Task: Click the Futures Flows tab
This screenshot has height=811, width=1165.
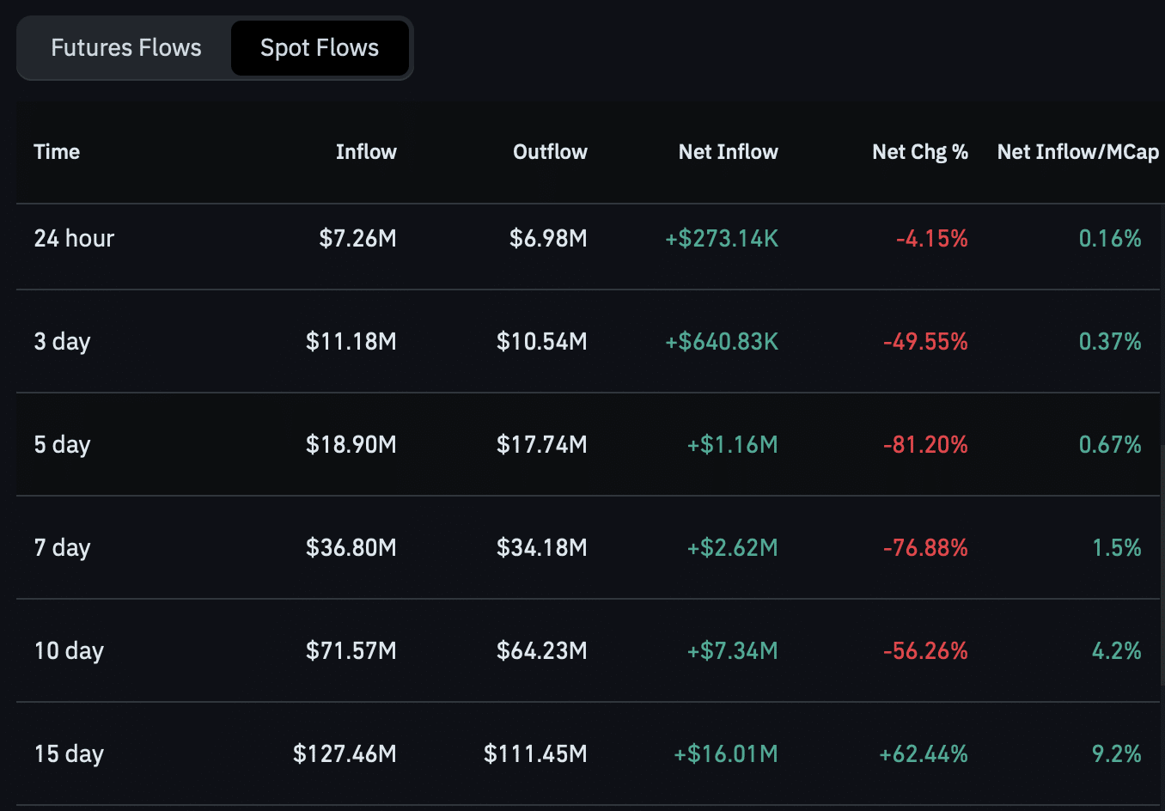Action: (x=125, y=48)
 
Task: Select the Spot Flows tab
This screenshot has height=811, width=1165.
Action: (x=320, y=48)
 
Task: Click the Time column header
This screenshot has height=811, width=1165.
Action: (x=57, y=152)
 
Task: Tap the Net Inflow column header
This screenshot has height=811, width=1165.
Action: (x=729, y=152)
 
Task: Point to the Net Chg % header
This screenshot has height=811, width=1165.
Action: (x=920, y=152)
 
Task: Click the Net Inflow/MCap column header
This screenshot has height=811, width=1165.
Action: (x=1077, y=152)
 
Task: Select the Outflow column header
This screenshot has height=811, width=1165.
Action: (x=550, y=152)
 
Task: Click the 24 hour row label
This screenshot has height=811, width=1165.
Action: (x=74, y=238)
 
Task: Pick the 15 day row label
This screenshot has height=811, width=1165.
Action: (x=70, y=753)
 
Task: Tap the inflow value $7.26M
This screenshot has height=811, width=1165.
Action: (x=357, y=238)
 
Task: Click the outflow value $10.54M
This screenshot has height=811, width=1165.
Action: (x=542, y=341)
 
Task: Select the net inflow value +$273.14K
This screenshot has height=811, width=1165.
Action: (x=722, y=238)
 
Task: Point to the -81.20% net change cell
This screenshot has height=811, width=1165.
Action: (x=926, y=444)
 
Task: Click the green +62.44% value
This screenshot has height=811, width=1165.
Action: (x=924, y=753)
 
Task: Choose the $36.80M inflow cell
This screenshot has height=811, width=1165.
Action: (x=351, y=547)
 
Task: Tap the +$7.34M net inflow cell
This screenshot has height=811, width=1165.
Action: (x=733, y=650)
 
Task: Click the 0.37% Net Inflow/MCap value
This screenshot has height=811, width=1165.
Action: (x=1110, y=341)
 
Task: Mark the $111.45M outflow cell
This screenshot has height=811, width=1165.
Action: (x=536, y=753)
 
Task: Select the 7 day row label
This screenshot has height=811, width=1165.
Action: (x=63, y=547)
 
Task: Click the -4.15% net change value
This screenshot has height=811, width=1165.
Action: (x=932, y=238)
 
